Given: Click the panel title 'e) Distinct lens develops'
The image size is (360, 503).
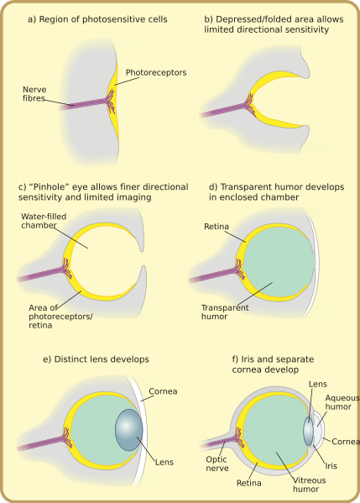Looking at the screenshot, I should (96, 359).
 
